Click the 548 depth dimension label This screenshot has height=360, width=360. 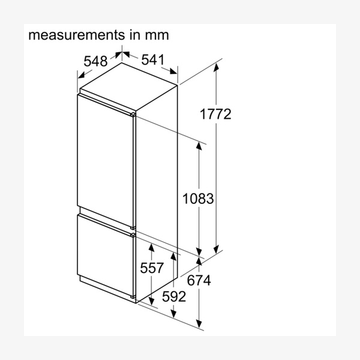pos(95,61)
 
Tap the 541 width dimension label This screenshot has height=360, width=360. pos(153,59)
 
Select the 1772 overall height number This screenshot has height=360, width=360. pos(215,114)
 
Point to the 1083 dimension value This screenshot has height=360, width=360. pos(198,199)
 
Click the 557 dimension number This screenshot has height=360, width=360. pos(152,268)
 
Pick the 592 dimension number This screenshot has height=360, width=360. pos(174,296)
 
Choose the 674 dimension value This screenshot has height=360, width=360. pos(199,280)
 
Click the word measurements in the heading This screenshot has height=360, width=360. pos(76,35)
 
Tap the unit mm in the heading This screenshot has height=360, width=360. pos(157,36)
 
